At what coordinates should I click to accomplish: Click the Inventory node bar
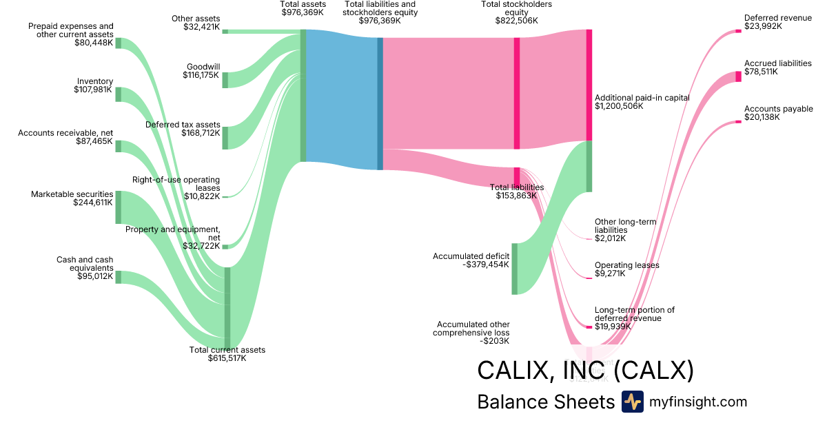pyautogui.click(x=118, y=94)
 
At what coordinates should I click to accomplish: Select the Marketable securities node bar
pyautogui.click(x=118, y=207)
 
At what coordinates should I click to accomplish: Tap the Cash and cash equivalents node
pyautogui.click(x=118, y=277)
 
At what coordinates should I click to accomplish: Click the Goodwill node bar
pyautogui.click(x=225, y=79)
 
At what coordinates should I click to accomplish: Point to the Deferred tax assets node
pyautogui.click(x=225, y=138)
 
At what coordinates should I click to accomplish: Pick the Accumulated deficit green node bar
pyautogui.click(x=514, y=269)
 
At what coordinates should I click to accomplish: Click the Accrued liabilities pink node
pyautogui.click(x=738, y=76)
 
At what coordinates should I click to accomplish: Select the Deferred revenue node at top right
pyautogui.click(x=738, y=32)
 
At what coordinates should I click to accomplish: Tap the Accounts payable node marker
pyautogui.click(x=738, y=122)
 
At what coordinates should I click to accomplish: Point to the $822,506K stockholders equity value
pyautogui.click(x=516, y=21)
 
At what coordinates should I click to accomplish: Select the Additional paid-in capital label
pyautogui.click(x=642, y=98)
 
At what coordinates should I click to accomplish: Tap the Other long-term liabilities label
pyautogui.click(x=625, y=226)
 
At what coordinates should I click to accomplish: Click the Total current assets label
pyautogui.click(x=227, y=350)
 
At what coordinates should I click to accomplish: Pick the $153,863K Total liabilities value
pyautogui.click(x=516, y=196)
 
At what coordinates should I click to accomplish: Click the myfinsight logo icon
pyautogui.click(x=632, y=402)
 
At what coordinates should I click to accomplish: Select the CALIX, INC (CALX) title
pyautogui.click(x=585, y=371)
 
